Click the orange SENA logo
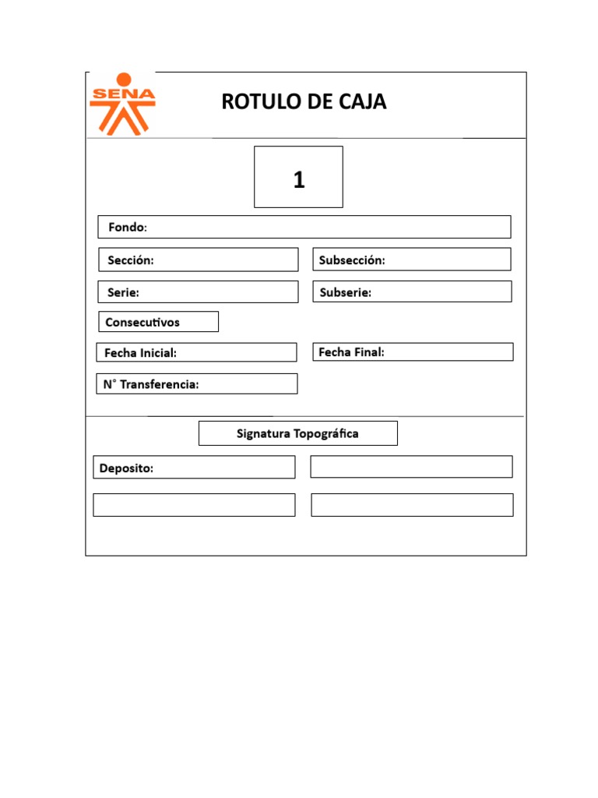pos(122,104)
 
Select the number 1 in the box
pos(299,181)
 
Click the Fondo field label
pos(127,228)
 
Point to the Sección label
pos(130,260)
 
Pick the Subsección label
pos(352,260)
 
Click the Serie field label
pos(123,292)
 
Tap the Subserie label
pos(345,292)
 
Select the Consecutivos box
pos(158,322)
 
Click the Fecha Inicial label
pos(140,353)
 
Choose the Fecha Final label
pos(351,352)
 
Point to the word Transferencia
pos(160,384)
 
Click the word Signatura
pos(263,433)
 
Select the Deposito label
pos(126,468)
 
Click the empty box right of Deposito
pos(411,467)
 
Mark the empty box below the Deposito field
pos(194,505)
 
